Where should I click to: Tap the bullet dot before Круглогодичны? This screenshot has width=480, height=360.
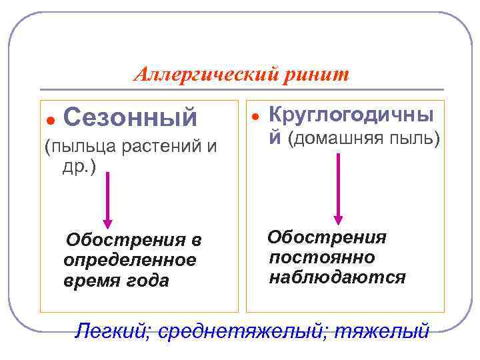(x=254, y=116)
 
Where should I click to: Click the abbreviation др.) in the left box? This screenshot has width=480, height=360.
(x=79, y=166)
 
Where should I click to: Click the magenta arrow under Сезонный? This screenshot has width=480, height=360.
(x=107, y=203)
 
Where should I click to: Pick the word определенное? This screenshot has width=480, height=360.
(x=130, y=260)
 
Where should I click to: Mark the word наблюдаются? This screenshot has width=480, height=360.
(x=337, y=277)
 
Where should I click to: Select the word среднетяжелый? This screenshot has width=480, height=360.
(x=241, y=330)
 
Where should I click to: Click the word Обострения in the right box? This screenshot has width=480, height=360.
(x=327, y=237)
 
